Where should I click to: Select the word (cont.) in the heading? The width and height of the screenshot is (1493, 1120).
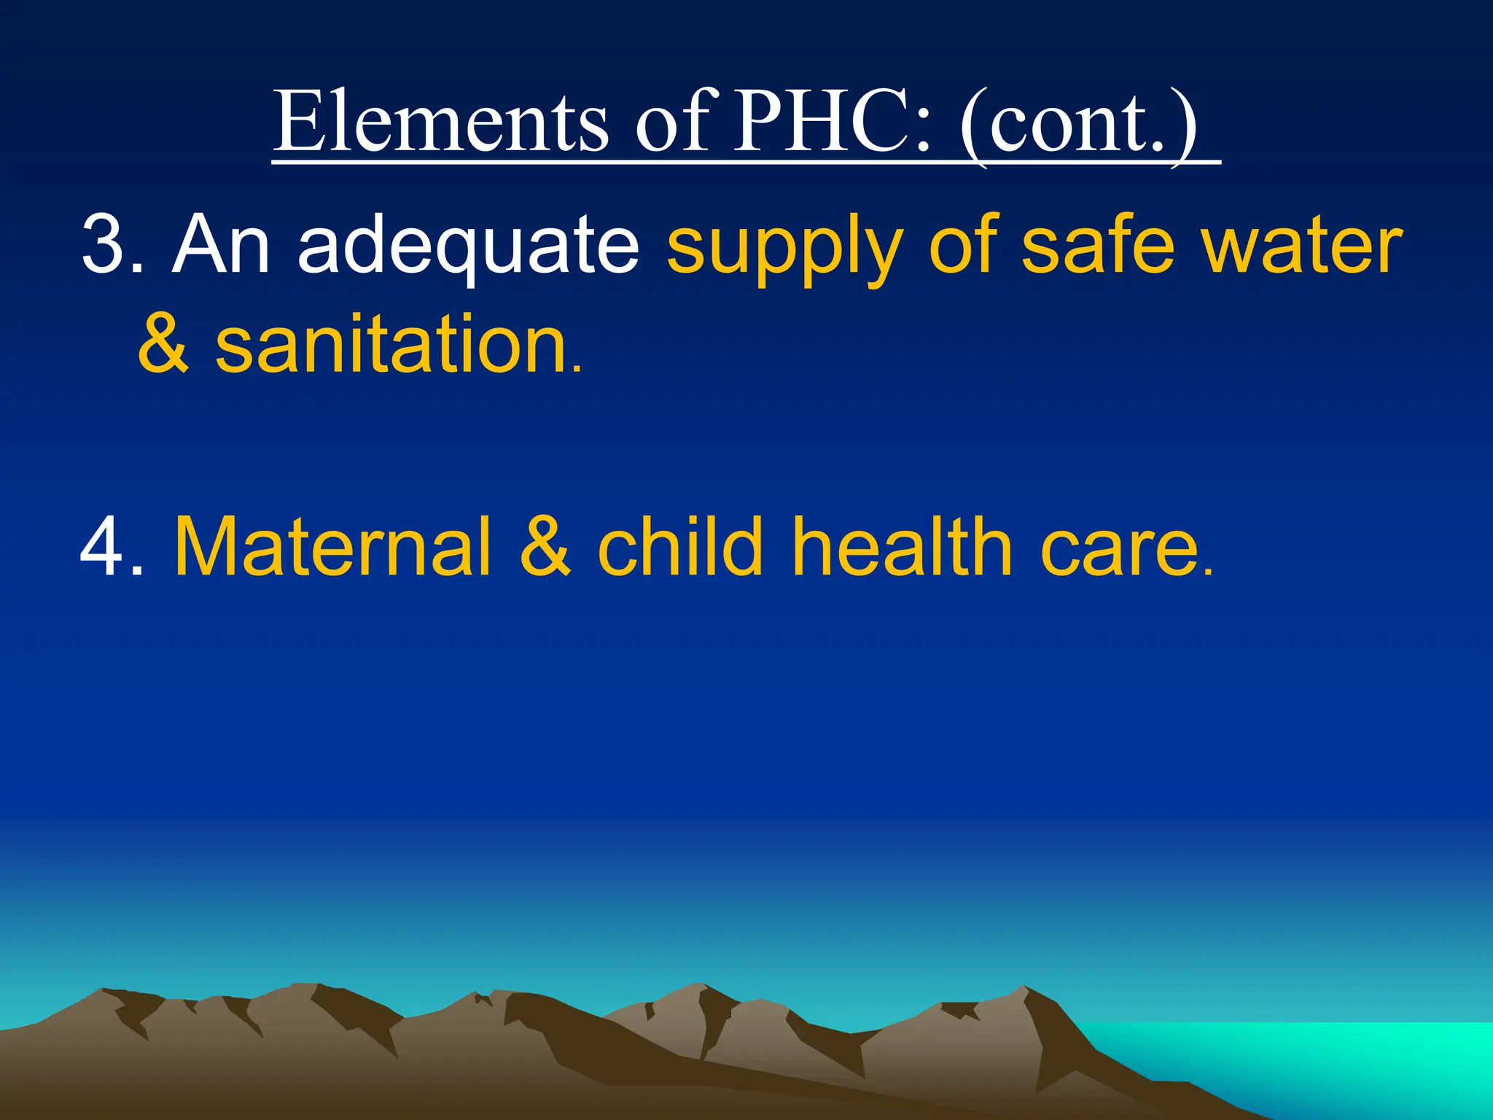pos(1078,122)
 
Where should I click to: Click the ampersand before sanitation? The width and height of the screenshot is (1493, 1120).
pos(163,343)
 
